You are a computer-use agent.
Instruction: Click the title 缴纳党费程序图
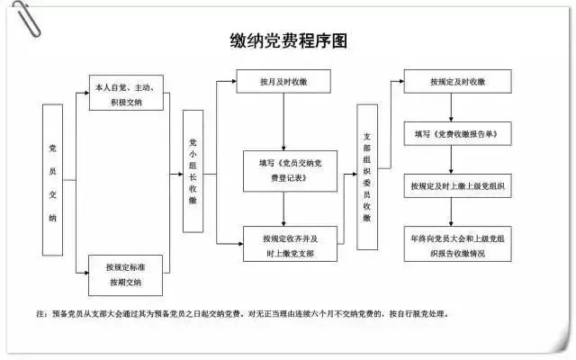288,41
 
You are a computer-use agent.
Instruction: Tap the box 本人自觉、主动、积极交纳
126,94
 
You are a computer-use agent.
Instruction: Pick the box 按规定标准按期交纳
126,275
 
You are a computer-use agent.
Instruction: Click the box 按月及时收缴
284,82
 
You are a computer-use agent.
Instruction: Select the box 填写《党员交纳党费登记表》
284,171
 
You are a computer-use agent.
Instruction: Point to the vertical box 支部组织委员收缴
367,176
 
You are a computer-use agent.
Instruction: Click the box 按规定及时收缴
458,82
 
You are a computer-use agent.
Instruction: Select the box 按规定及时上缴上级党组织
458,186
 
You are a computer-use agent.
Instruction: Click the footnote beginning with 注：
243,316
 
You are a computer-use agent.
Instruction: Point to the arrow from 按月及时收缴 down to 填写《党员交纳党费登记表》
284,121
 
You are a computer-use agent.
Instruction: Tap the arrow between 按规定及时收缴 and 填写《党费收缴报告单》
458,107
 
